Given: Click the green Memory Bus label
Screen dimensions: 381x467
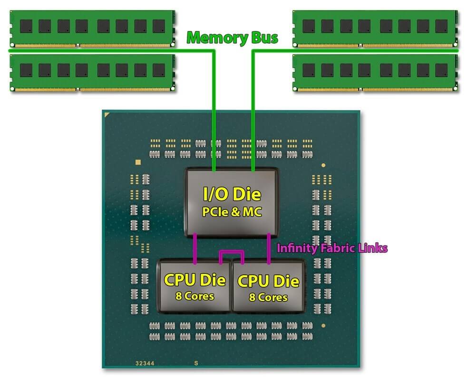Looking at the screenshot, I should pyautogui.click(x=232, y=38).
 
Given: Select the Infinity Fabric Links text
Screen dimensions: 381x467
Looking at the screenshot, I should pyautogui.click(x=332, y=248).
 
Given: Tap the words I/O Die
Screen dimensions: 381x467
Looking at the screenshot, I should pyautogui.click(x=232, y=194).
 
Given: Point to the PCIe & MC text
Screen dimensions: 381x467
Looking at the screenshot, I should pyautogui.click(x=232, y=212).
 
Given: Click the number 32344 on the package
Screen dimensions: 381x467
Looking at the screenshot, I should pyautogui.click(x=145, y=362).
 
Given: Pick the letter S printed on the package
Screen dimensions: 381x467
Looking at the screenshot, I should pyautogui.click(x=195, y=362).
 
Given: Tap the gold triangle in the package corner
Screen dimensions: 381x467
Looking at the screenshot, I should pyautogui.click(x=107, y=115).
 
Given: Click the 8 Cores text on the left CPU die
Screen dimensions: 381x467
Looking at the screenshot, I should pyautogui.click(x=195, y=296).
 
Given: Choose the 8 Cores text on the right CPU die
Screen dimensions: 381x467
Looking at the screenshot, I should pyautogui.click(x=268, y=297).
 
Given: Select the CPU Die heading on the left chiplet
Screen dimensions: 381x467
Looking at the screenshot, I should pyautogui.click(x=195, y=280).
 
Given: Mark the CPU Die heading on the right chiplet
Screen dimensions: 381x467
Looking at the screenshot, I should pyautogui.click(x=268, y=281).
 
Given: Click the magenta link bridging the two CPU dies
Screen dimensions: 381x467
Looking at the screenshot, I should pyautogui.click(x=231, y=252).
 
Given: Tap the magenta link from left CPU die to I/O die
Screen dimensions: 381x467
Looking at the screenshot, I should pyautogui.click(x=195, y=248).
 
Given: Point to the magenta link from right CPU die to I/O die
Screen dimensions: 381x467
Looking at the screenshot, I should pyautogui.click(x=269, y=248).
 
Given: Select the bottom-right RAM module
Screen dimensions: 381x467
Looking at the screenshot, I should pyautogui.click(x=375, y=72).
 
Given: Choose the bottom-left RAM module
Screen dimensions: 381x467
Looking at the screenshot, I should pyautogui.click(x=91, y=72).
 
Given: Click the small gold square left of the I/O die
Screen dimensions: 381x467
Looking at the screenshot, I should pyautogui.click(x=138, y=162).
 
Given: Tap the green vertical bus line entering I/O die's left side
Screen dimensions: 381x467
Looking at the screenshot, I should pyautogui.click(x=214, y=110).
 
